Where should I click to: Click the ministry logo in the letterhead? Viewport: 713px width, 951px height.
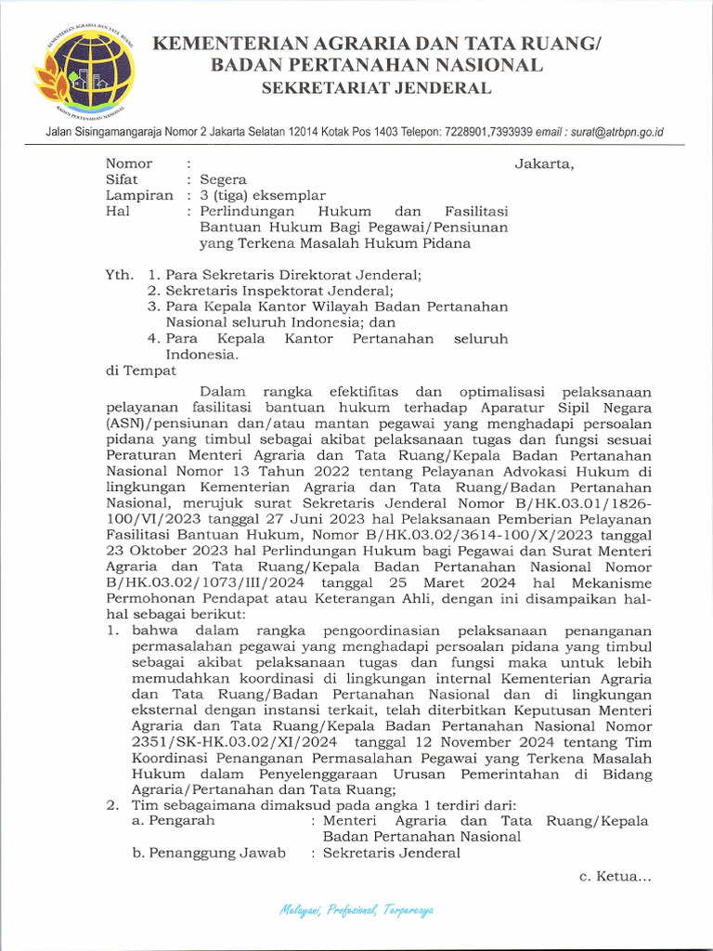(84, 72)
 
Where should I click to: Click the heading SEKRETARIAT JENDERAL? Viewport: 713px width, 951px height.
(376, 88)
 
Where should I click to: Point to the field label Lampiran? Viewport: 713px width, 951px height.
(139, 196)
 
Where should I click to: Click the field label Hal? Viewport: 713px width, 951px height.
(117, 212)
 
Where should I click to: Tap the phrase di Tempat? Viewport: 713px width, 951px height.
(141, 371)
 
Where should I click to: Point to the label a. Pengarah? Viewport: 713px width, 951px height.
(174, 821)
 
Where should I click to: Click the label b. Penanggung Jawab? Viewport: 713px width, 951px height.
(209, 853)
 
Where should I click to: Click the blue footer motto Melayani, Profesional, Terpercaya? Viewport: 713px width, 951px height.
(356, 909)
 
